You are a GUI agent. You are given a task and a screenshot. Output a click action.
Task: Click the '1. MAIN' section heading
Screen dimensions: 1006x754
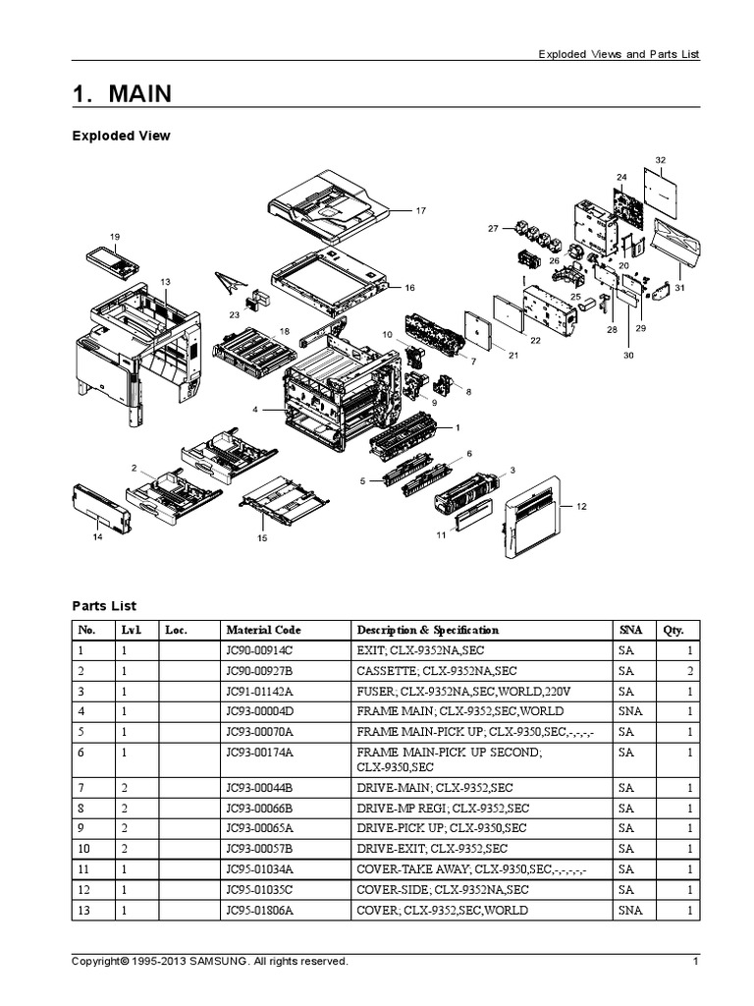pos(122,94)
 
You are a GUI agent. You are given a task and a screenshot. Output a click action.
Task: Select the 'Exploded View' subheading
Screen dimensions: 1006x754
pos(121,136)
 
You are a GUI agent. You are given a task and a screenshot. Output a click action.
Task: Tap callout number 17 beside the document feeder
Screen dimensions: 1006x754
pos(420,210)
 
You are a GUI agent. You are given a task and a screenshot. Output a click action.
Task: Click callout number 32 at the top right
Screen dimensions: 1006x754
pos(660,159)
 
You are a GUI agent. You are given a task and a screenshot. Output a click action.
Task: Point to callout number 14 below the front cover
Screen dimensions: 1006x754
pos(97,536)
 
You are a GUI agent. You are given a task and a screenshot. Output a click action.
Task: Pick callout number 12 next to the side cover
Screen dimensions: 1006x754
pos(581,506)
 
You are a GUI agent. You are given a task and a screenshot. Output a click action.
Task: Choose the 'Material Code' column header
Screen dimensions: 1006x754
pos(263,630)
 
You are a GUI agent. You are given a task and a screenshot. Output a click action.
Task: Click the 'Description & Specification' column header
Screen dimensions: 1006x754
pos(427,630)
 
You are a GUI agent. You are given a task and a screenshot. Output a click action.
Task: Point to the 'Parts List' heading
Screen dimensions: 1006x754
pos(104,606)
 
